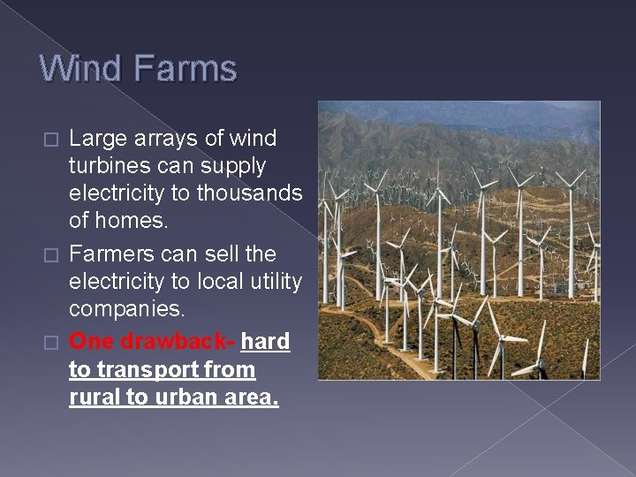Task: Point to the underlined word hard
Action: [265, 341]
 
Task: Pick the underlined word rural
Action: [95, 397]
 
